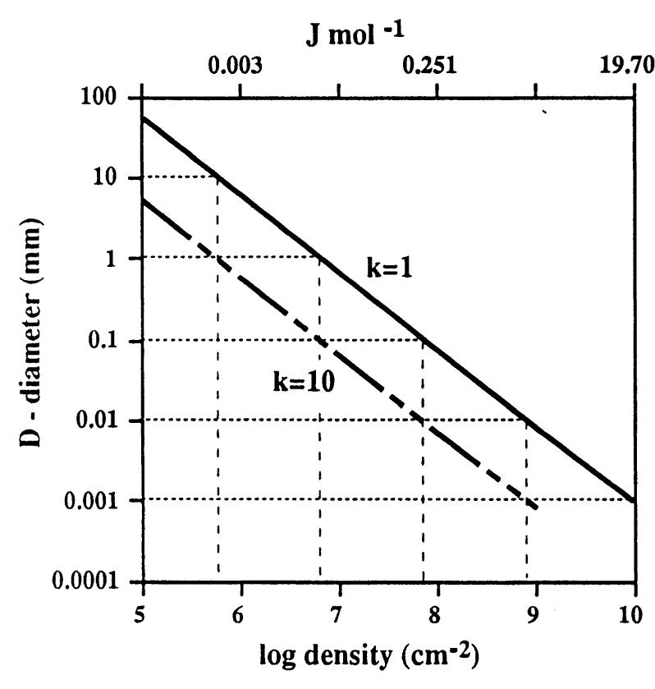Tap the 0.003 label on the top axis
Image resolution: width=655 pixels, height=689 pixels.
(x=240, y=67)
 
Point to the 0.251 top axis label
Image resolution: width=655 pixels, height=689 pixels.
(x=436, y=67)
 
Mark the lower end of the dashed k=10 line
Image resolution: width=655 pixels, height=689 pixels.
(x=538, y=509)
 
